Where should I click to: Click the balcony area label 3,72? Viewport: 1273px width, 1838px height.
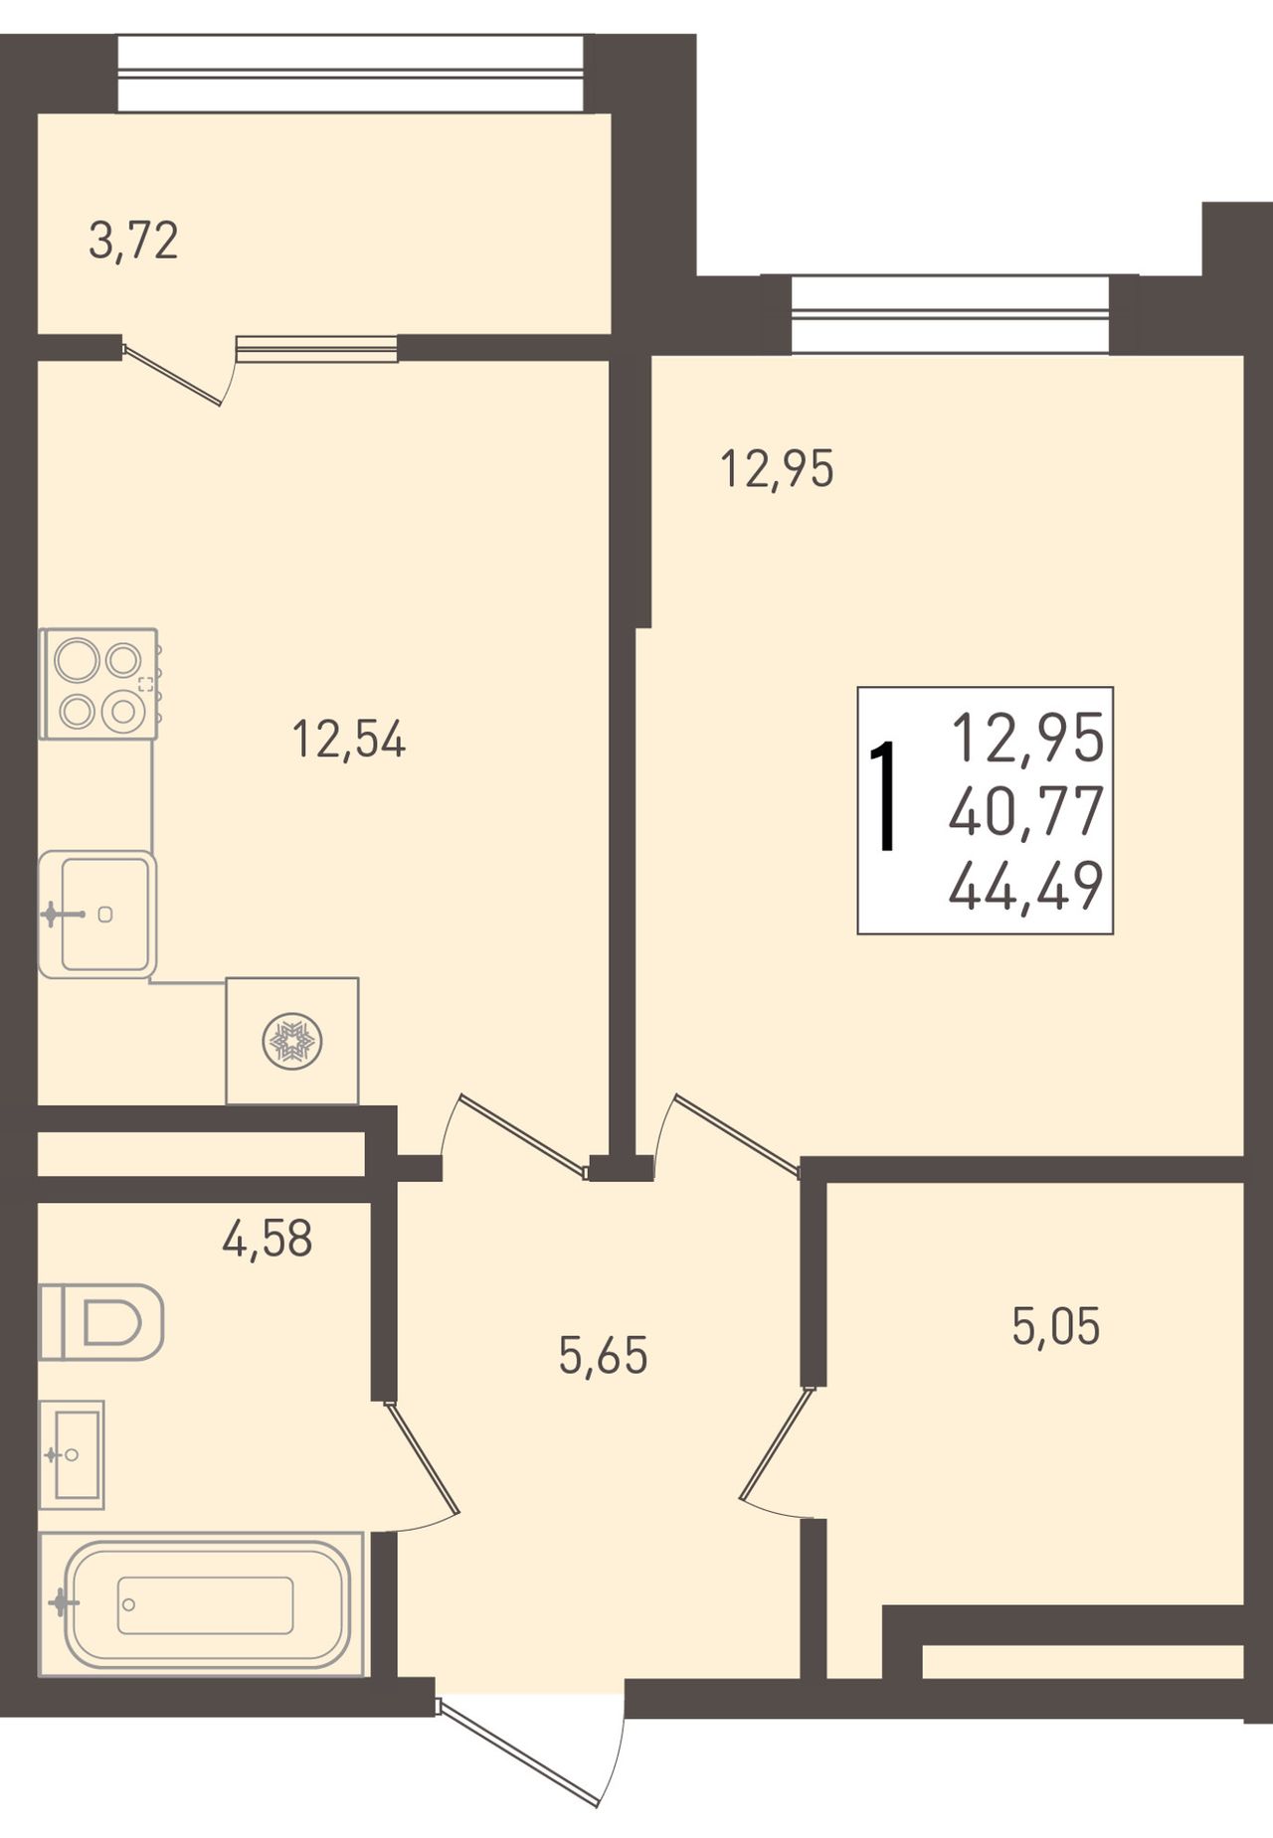133,242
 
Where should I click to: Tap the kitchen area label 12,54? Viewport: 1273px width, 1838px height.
349,741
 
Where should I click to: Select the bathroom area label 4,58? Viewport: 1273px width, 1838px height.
268,1239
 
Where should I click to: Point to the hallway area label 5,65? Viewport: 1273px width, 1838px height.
604,1355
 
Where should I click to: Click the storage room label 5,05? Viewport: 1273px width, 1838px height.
1056,1326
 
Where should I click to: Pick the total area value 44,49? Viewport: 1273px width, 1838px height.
1026,887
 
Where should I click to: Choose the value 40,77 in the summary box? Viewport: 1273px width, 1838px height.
1026,811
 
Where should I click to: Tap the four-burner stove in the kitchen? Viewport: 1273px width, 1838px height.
99,684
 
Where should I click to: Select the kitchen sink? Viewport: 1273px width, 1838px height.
97,915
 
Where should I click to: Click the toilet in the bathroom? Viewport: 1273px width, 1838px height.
100,1322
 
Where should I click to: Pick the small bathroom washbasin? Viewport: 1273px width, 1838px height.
72,1454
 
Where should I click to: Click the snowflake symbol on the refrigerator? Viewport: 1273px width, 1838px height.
291,1042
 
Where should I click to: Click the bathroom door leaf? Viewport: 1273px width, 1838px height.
422,1458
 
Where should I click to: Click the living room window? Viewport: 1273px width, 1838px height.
950,314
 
